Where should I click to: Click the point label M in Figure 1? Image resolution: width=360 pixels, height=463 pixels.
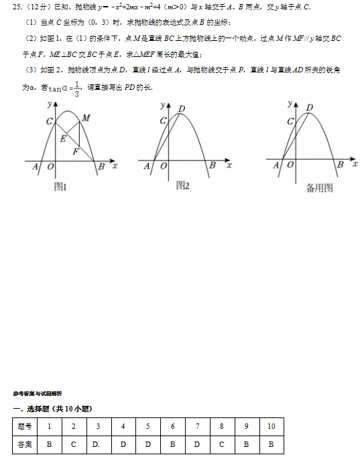click(86, 119)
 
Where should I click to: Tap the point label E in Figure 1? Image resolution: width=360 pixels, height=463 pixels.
click(63, 139)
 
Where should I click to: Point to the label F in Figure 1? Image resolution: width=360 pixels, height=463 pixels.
click(76, 151)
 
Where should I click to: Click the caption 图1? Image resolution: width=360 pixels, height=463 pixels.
click(60, 187)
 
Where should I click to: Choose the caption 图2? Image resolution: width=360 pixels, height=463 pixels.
click(182, 186)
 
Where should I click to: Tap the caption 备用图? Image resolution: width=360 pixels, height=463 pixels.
click(319, 188)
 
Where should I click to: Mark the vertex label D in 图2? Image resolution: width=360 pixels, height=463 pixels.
click(182, 108)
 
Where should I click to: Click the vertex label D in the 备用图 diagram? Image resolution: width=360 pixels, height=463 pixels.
click(309, 107)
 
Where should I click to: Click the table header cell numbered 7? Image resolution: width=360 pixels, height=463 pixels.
click(197, 426)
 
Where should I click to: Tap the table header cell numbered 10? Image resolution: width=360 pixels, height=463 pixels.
click(271, 426)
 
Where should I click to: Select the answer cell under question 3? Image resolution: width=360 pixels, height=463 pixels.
click(99, 444)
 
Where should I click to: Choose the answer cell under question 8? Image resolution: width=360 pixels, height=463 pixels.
click(221, 444)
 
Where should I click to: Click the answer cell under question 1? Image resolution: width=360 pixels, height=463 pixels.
click(49, 444)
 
